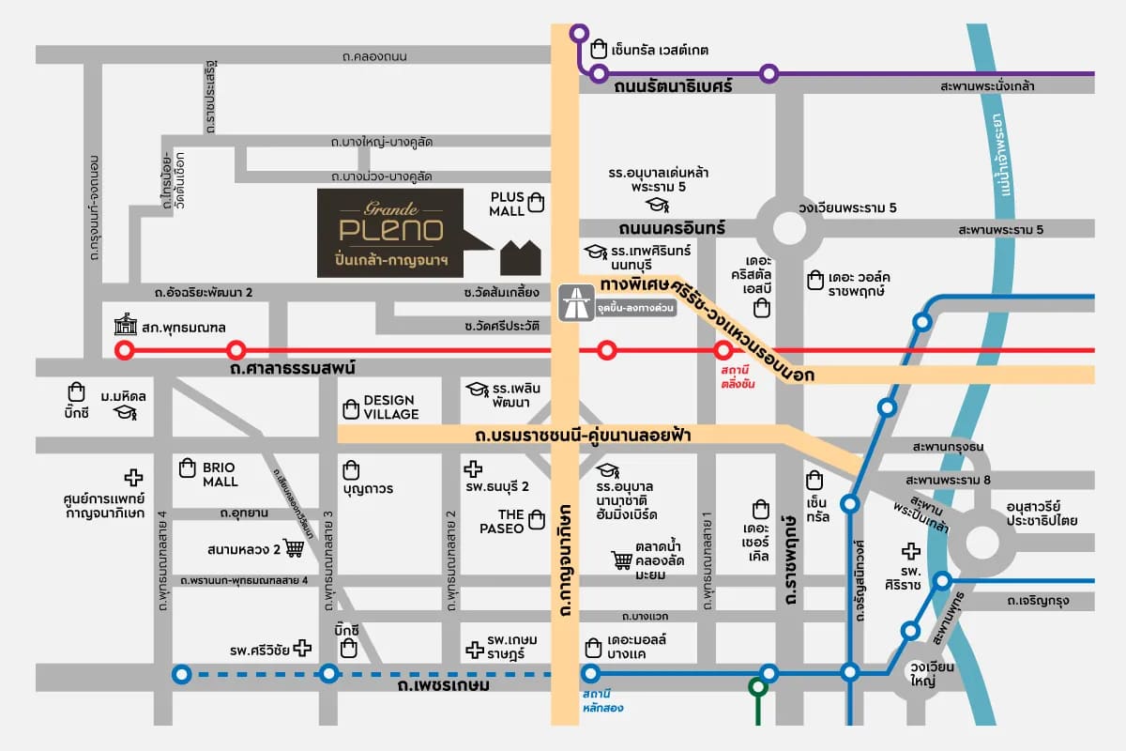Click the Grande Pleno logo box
pyautogui.click(x=389, y=233)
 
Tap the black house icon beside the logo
pyautogui.click(x=521, y=258)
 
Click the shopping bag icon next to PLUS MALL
pyautogui.click(x=536, y=201)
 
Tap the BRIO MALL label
pyautogui.click(x=221, y=474)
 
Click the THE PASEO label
pyautogui.click(x=510, y=520)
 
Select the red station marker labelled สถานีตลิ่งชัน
pyautogui.click(x=723, y=351)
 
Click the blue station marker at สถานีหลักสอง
pyautogui.click(x=590, y=673)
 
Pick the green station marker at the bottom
pyautogui.click(x=757, y=687)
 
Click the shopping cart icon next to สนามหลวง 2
pyautogui.click(x=294, y=548)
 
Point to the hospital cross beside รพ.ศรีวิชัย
pyautogui.click(x=302, y=648)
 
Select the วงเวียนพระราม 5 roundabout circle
pyautogui.click(x=789, y=226)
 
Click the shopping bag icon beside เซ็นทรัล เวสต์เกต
pyautogui.click(x=599, y=48)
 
